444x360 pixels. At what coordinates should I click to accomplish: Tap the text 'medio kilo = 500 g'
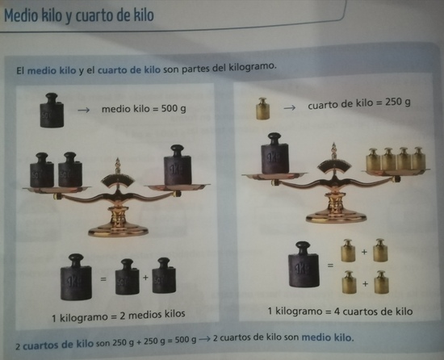tap(144, 107)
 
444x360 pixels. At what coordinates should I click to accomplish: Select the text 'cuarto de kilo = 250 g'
tap(359, 103)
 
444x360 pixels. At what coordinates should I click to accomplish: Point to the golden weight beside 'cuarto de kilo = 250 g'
tap(262, 108)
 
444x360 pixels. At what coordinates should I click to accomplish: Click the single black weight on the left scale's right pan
tap(178, 167)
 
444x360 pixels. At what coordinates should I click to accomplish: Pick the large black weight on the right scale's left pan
tap(274, 153)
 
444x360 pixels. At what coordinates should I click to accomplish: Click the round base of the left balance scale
tap(118, 229)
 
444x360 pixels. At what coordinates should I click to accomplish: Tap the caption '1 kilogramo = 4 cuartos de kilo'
tap(340, 311)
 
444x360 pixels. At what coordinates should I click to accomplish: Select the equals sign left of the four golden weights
tap(330, 264)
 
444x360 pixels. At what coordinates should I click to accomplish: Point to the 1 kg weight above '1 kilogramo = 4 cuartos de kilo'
tap(304, 264)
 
